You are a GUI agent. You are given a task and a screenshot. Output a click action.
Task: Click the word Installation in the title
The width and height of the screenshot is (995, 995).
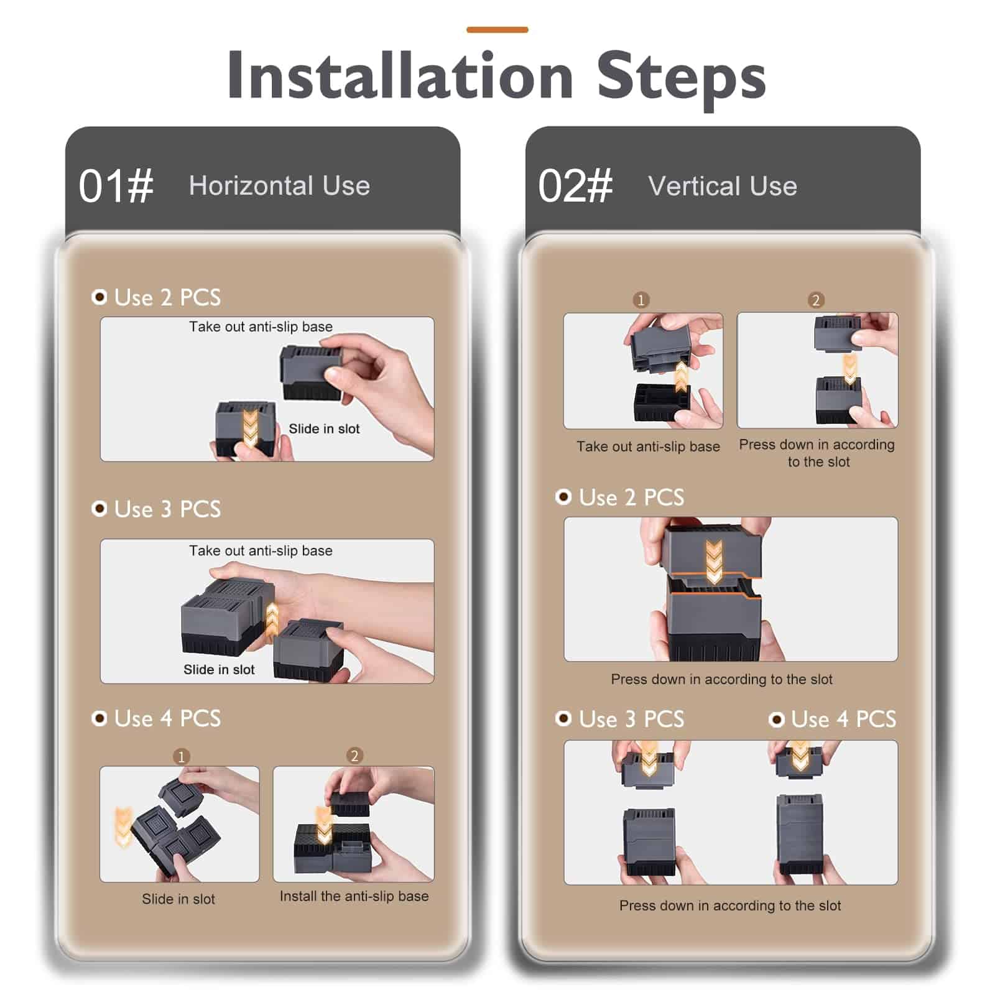[400, 75]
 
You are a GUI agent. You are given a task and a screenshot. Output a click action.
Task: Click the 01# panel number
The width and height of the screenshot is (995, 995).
[116, 186]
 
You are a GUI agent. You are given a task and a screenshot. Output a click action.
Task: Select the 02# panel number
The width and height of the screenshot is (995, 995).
[575, 186]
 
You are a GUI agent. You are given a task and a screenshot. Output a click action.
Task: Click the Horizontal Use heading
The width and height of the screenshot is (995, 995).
[279, 185]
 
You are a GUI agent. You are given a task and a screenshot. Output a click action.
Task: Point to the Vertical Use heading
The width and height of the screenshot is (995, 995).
[723, 186]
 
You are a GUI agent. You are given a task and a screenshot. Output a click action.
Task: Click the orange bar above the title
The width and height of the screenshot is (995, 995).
[497, 29]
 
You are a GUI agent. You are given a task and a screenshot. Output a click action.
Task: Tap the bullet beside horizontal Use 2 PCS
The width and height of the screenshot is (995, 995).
[99, 297]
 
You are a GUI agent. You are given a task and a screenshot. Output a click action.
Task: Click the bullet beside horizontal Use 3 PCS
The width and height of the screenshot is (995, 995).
[99, 509]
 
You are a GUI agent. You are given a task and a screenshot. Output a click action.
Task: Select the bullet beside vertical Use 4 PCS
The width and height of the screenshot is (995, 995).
[776, 720]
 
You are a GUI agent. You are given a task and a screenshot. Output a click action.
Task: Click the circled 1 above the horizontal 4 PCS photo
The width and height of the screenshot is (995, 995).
[181, 756]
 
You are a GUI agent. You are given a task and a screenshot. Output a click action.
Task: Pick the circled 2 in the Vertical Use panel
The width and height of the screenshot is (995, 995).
[816, 300]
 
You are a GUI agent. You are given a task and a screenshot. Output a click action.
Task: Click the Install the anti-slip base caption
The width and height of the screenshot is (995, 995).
[354, 896]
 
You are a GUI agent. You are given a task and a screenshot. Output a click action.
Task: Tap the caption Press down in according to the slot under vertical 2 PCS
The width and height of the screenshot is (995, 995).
[721, 679]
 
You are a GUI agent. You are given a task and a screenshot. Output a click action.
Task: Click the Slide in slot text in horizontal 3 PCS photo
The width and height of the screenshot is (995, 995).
[219, 669]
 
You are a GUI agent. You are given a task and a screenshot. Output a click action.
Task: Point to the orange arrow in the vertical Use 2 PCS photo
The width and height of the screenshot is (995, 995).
[714, 562]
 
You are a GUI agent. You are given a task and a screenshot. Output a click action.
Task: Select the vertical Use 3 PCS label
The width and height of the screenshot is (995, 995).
[631, 719]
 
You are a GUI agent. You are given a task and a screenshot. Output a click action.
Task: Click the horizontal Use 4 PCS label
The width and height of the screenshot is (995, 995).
[167, 718]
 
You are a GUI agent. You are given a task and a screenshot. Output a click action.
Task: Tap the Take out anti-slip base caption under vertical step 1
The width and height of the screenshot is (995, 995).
[648, 447]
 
